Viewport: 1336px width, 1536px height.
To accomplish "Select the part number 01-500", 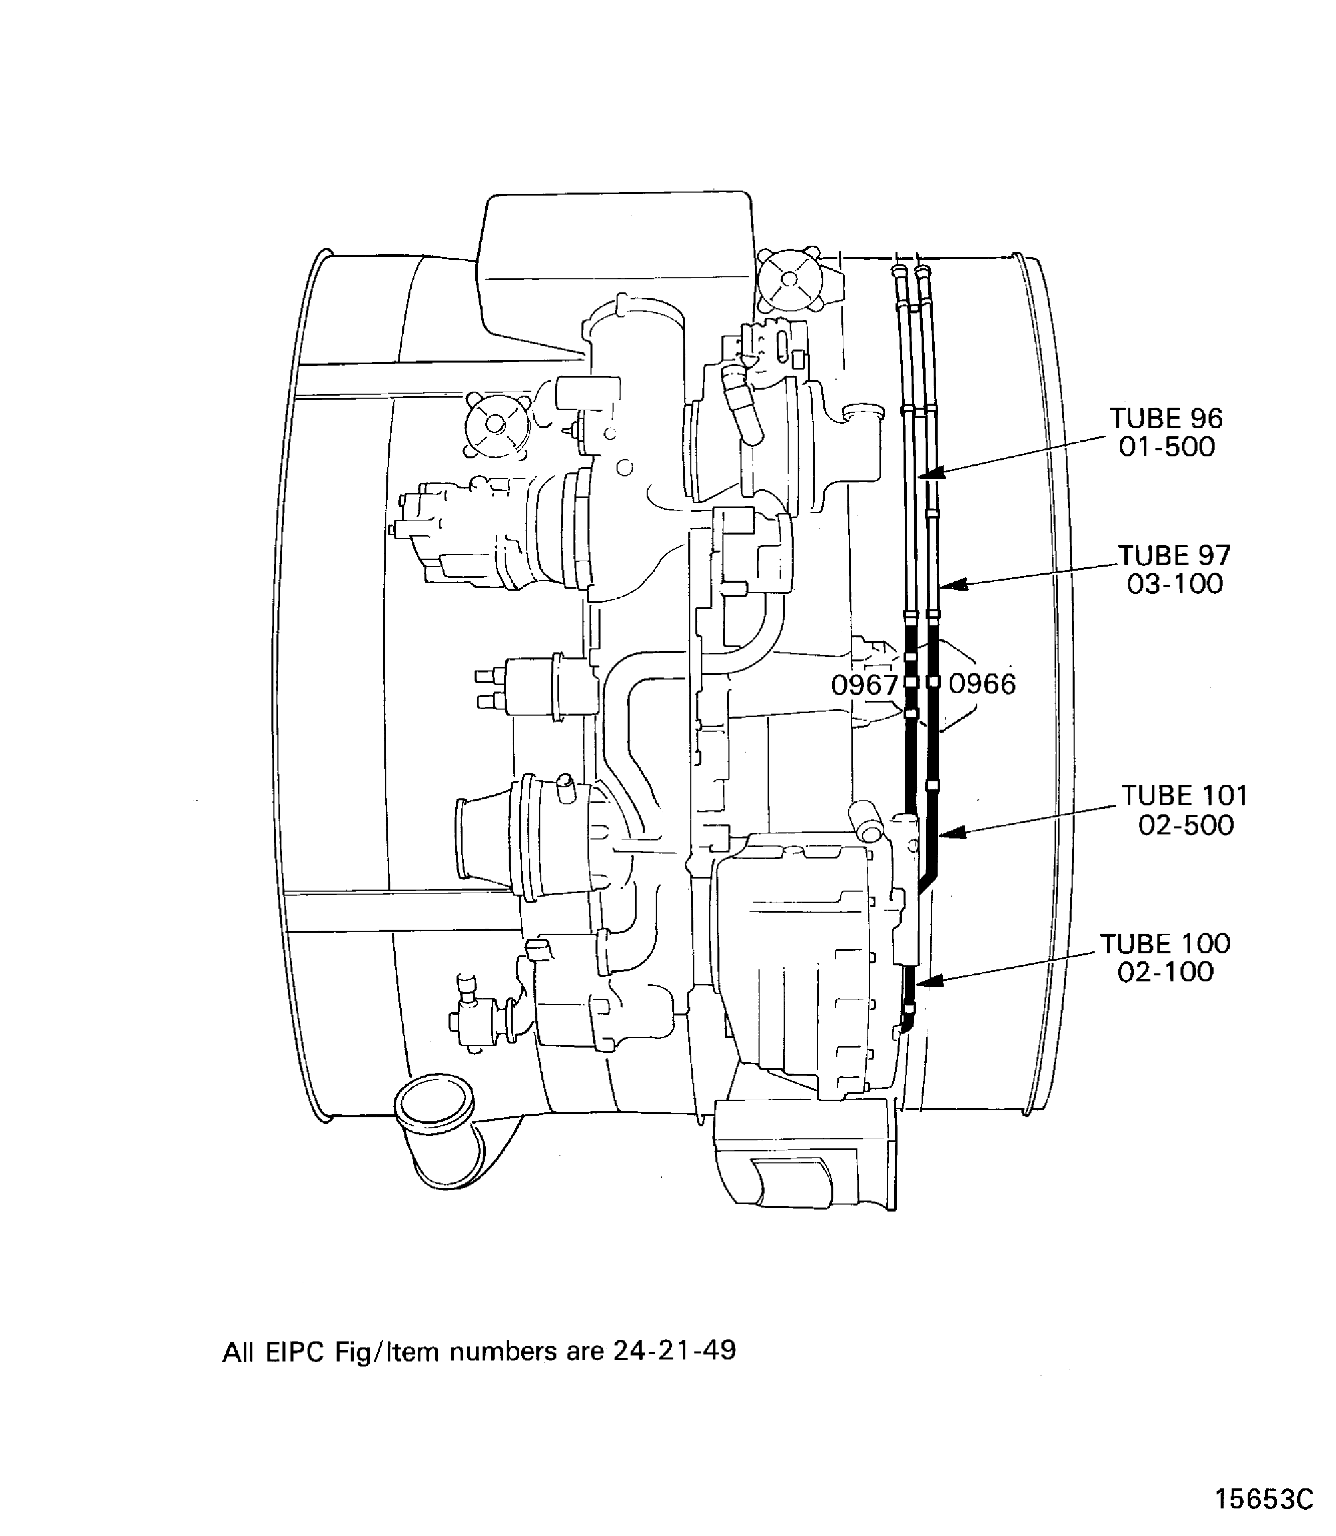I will pyautogui.click(x=1167, y=447).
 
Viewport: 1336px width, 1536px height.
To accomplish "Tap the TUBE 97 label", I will pyautogui.click(x=1174, y=556).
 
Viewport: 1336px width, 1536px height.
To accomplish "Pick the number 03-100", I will pyautogui.click(x=1175, y=584).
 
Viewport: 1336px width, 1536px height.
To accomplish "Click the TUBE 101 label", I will pyautogui.click(x=1184, y=796).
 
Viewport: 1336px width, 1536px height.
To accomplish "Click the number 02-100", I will pyautogui.click(x=1165, y=972).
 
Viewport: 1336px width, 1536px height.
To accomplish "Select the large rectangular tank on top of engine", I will pyautogui.click(x=615, y=261).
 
